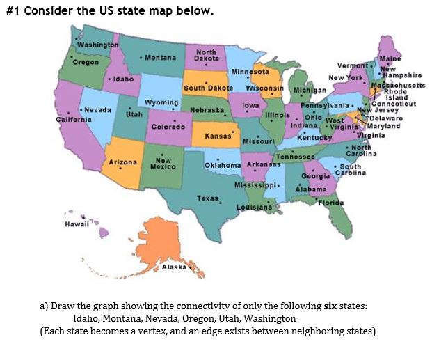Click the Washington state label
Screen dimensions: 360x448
point(97,45)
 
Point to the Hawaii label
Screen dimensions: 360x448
point(75,226)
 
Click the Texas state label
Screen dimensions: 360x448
point(208,198)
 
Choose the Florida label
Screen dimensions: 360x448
point(331,202)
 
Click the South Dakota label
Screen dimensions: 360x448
point(207,88)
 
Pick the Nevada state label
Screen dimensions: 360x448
point(99,111)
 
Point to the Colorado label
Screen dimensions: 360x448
point(167,127)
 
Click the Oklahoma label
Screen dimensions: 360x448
point(223,164)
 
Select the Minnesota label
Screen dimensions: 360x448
point(250,72)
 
